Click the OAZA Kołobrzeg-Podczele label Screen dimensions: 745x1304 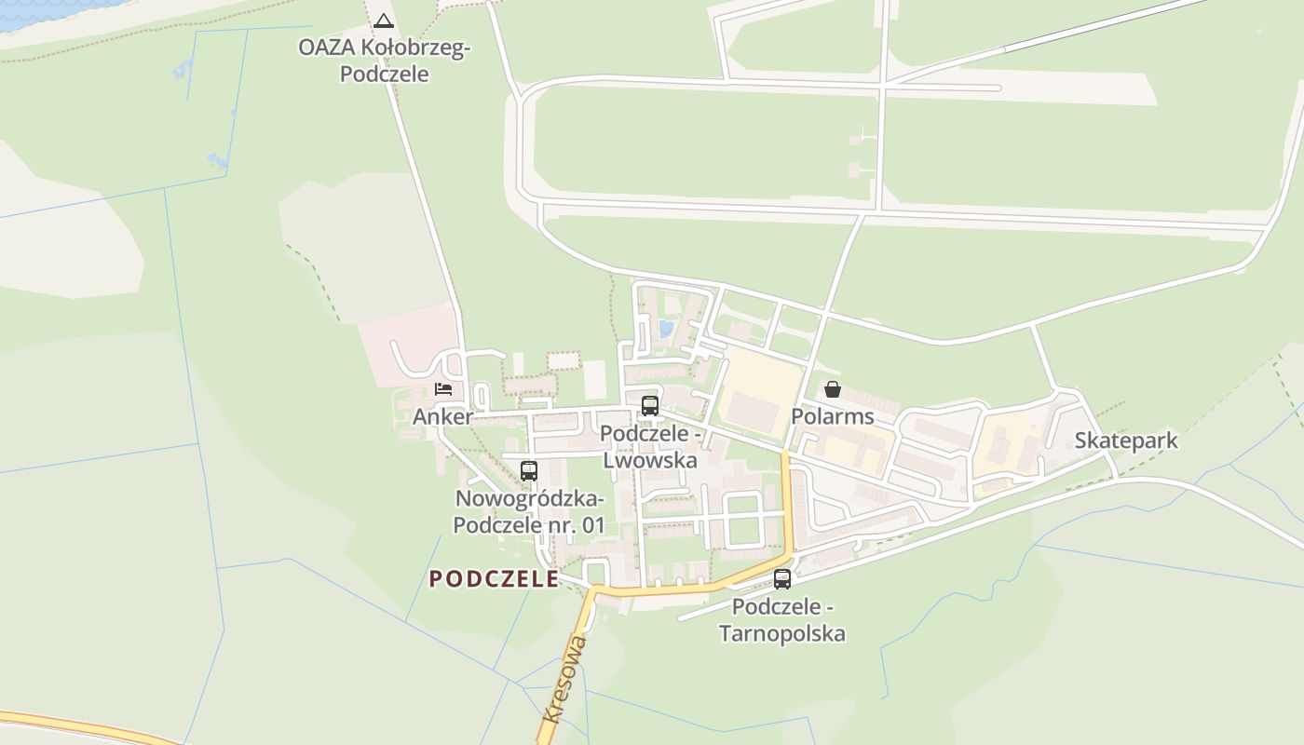pyautogui.click(x=384, y=61)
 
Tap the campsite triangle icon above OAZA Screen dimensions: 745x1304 pyautogui.click(x=384, y=20)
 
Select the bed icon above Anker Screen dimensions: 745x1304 pyautogui.click(x=443, y=388)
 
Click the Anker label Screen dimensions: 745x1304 pyautogui.click(x=442, y=416)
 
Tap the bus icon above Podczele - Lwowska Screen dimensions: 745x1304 pyautogui.click(x=650, y=405)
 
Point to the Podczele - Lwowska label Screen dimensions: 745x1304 pyautogui.click(x=650, y=447)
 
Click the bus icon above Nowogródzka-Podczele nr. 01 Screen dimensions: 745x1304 pyautogui.click(x=529, y=470)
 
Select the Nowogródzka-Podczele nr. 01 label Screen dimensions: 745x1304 pyautogui.click(x=529, y=511)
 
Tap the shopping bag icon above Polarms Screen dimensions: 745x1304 pyautogui.click(x=833, y=388)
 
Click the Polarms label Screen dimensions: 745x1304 pyautogui.click(x=833, y=416)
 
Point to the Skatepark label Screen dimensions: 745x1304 pyautogui.click(x=1126, y=440)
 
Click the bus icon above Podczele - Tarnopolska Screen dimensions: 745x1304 pyautogui.click(x=782, y=578)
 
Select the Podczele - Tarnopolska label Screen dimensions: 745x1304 pyautogui.click(x=782, y=620)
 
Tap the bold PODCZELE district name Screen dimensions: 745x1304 pyautogui.click(x=494, y=579)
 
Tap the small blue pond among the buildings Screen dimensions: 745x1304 pyautogui.click(x=665, y=329)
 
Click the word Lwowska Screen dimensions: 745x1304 pyautogui.click(x=650, y=460)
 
